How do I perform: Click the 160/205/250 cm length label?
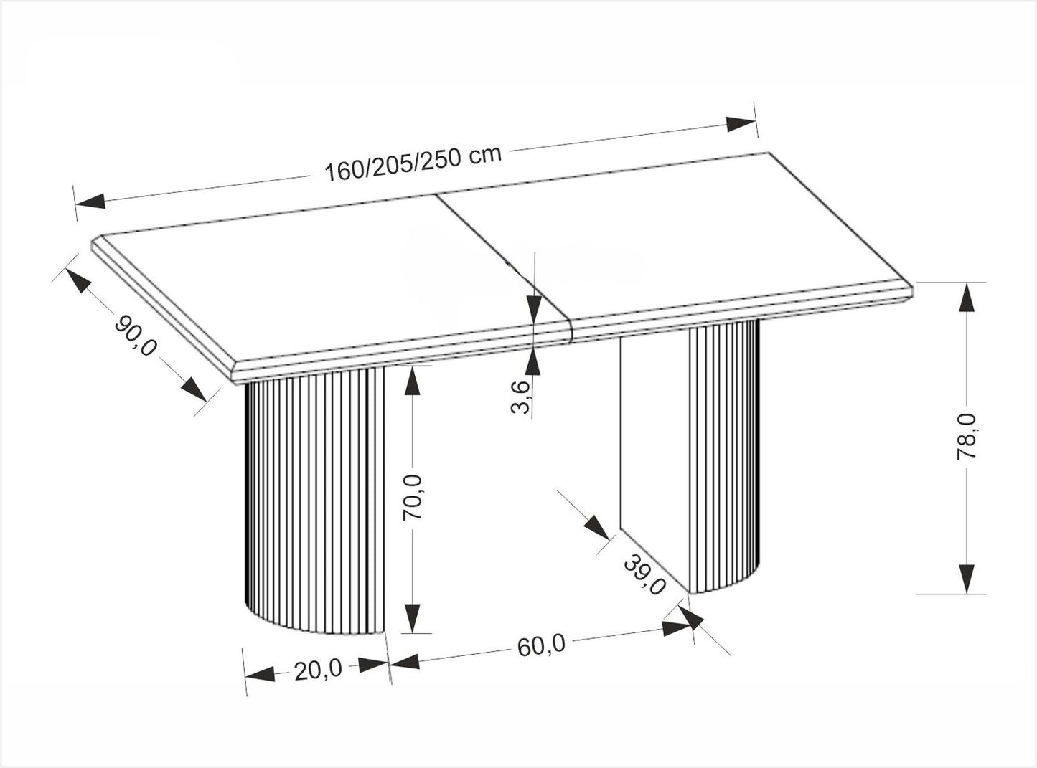412,166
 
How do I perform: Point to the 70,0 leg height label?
414,498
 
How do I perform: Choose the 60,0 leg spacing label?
540,645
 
